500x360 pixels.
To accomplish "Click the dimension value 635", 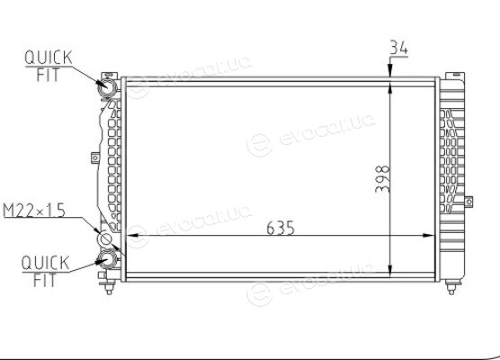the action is point(281,228).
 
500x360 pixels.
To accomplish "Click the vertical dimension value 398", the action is point(383,179).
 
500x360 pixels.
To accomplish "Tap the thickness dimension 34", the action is point(398,48).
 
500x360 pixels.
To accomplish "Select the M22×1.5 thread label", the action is point(34,211).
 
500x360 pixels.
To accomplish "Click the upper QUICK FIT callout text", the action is point(49,66).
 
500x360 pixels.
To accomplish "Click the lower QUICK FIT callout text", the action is point(45,271).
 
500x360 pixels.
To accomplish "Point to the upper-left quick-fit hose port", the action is point(107,87).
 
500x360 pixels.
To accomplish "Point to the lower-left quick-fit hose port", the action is point(107,259).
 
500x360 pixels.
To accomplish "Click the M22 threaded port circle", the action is point(104,238).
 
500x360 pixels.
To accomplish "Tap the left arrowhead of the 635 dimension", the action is point(132,236).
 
